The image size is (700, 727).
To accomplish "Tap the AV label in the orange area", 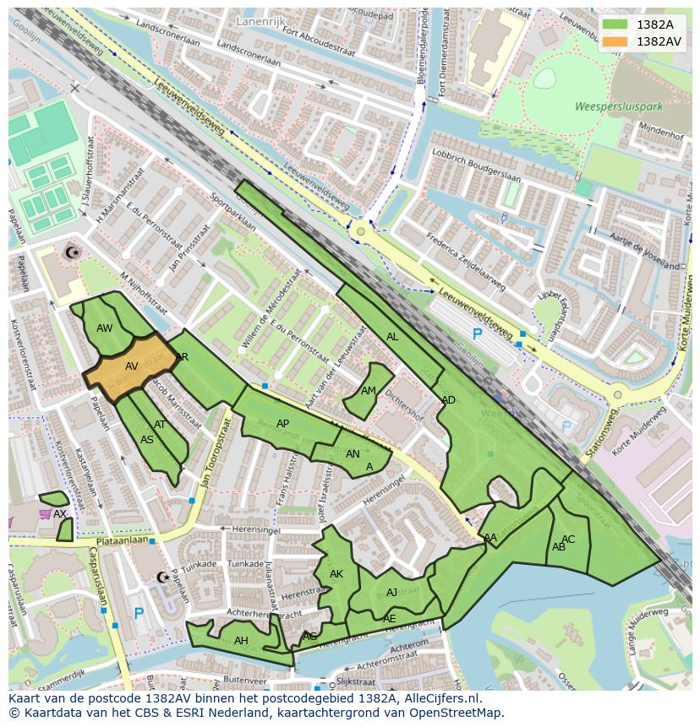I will click(x=132, y=366).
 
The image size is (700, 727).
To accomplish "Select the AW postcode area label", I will click(x=105, y=328).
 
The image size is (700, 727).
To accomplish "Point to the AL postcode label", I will click(x=392, y=337).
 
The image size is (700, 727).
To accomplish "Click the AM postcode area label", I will click(x=369, y=391).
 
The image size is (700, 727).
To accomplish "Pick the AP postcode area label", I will click(x=282, y=424).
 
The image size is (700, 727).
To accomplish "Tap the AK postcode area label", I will click(x=336, y=574).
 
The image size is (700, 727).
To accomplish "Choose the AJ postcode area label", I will click(x=391, y=593).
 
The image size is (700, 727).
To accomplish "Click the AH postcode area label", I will click(x=241, y=641).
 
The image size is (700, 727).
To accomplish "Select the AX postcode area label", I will click(x=59, y=513).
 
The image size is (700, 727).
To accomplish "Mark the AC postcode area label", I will click(x=568, y=540).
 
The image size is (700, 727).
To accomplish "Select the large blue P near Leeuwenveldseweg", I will click(x=477, y=334).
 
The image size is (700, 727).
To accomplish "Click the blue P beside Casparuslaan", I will click(x=139, y=614).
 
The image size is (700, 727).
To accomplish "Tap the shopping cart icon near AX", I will click(x=45, y=513).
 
